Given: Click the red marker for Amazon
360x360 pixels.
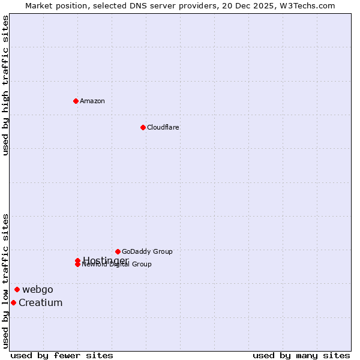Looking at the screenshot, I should (76, 101).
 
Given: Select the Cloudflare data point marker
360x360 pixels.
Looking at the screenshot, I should (143, 127).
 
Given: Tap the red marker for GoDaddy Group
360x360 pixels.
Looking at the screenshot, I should (118, 251).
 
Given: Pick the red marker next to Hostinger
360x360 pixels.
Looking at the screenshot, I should (77, 260).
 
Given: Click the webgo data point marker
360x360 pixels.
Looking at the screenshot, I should (17, 289).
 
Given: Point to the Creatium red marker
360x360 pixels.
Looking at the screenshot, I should (13, 302).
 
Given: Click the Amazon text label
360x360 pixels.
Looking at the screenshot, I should (92, 101).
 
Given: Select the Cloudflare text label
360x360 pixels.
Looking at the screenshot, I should (163, 127).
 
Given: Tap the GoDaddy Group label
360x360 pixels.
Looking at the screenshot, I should (147, 251).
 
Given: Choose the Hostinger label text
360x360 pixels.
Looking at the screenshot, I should (106, 260).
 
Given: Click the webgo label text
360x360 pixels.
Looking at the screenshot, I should (38, 289).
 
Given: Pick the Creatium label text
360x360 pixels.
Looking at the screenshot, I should (40, 302).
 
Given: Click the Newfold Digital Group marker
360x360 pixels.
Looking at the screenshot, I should (77, 265).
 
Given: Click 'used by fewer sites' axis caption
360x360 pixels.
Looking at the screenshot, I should (62, 355).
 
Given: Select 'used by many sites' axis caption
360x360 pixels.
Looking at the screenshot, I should (301, 355).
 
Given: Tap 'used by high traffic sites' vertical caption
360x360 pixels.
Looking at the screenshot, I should (5, 85).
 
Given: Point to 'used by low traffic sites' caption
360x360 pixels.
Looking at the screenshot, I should (5, 280).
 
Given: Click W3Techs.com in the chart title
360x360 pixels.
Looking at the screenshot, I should (306, 5).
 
